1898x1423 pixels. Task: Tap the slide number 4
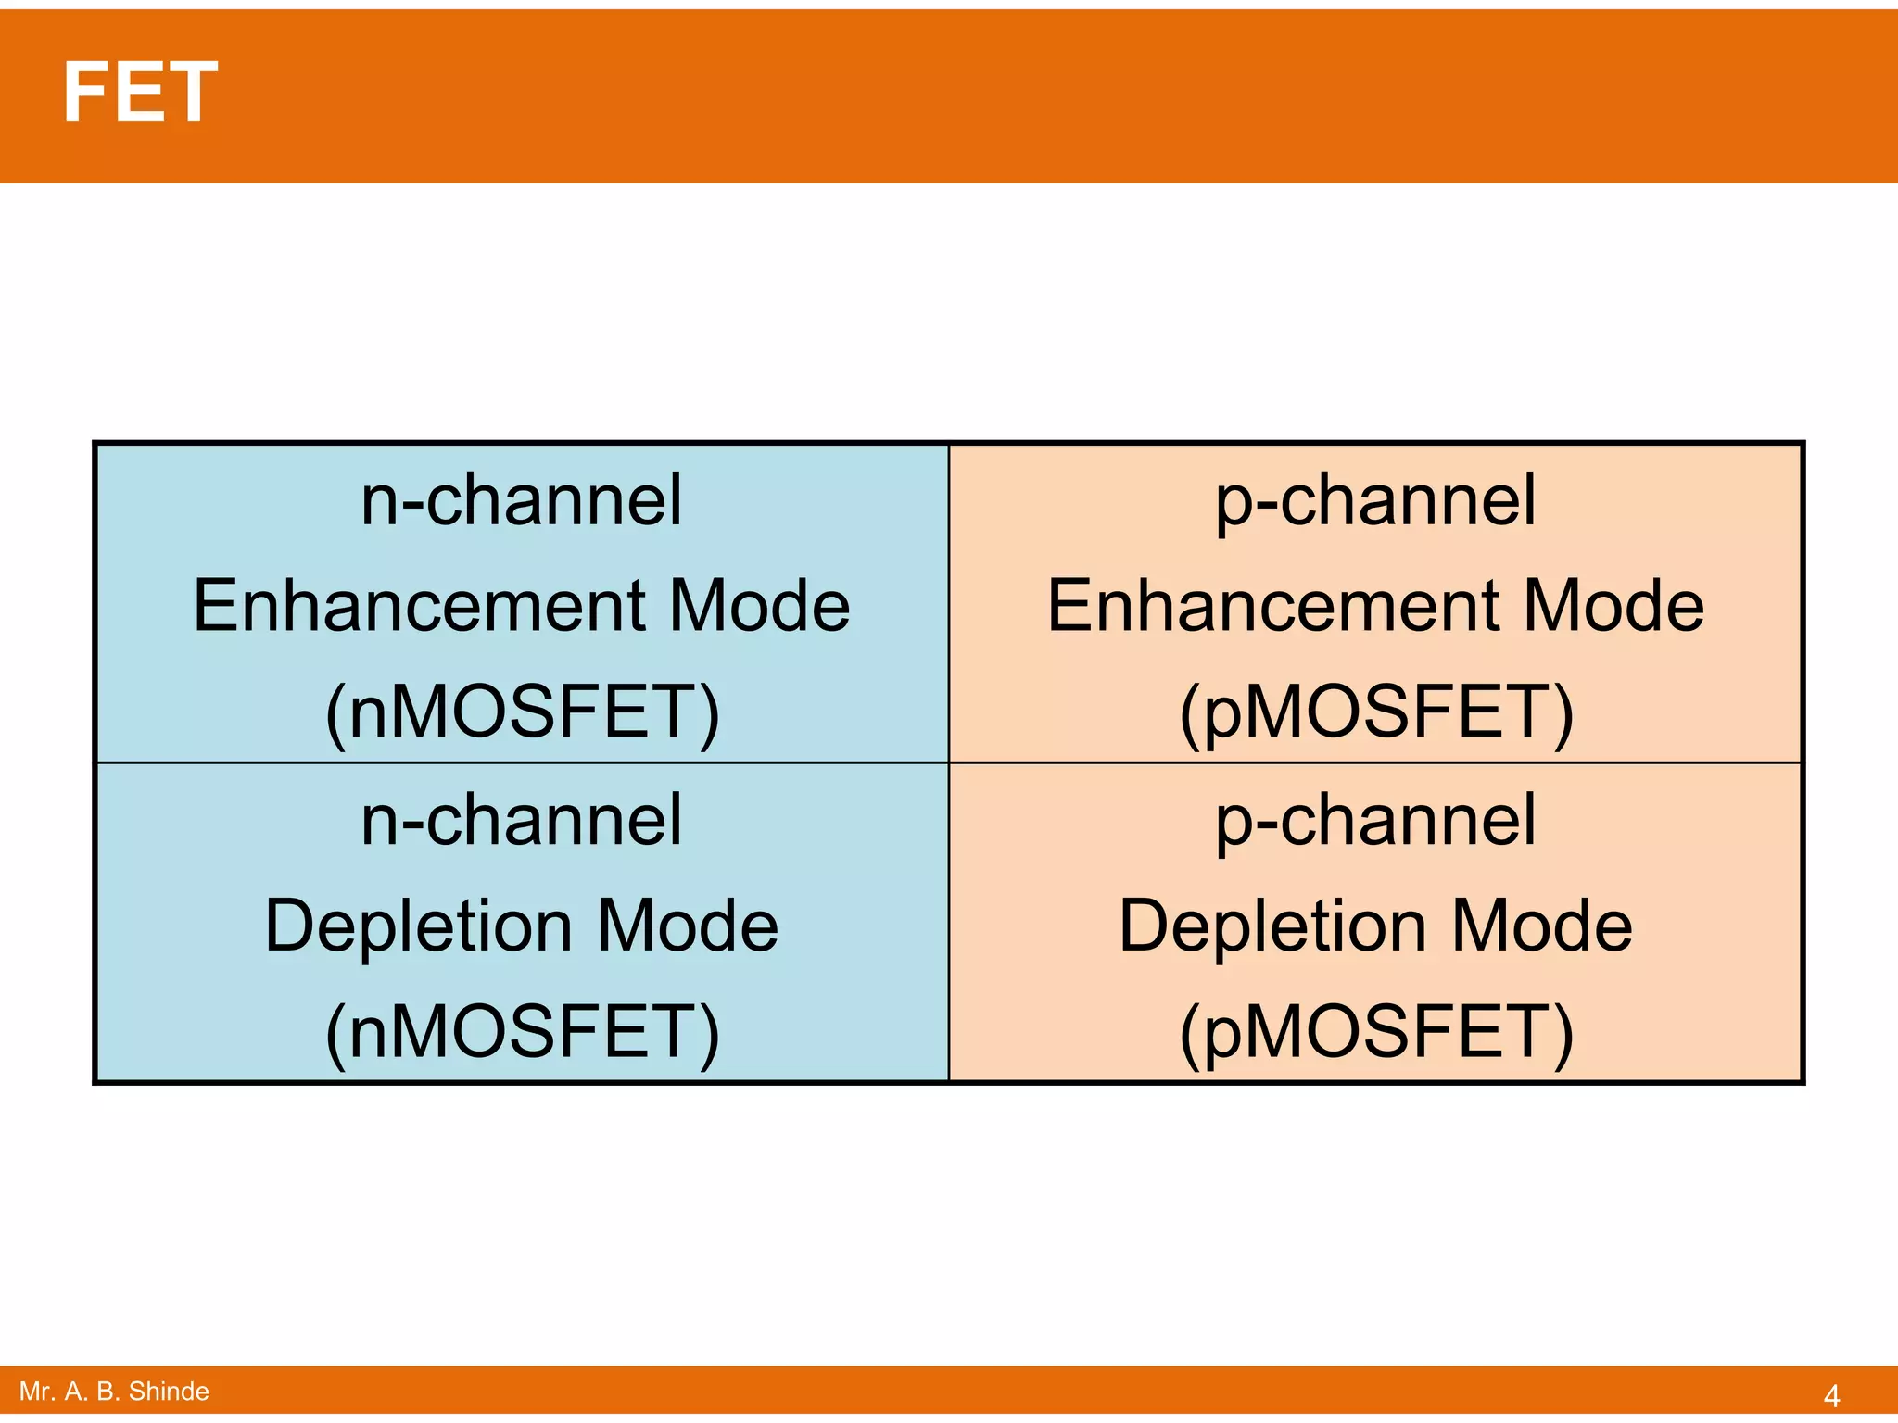1831,1394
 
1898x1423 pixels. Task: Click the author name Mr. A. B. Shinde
114,1392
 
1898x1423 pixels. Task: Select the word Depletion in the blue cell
419,926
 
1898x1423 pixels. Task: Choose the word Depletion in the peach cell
1273,926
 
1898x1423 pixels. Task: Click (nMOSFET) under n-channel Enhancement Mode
522,713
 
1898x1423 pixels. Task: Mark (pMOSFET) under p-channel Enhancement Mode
1376,713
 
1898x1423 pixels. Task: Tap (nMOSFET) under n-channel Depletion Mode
522,1033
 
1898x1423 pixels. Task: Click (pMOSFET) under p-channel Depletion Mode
1376,1033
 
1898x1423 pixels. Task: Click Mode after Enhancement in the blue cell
759,606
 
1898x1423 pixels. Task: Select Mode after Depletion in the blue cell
687,926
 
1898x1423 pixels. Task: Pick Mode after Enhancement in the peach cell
1613,606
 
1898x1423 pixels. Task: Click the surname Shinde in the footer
169,1392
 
